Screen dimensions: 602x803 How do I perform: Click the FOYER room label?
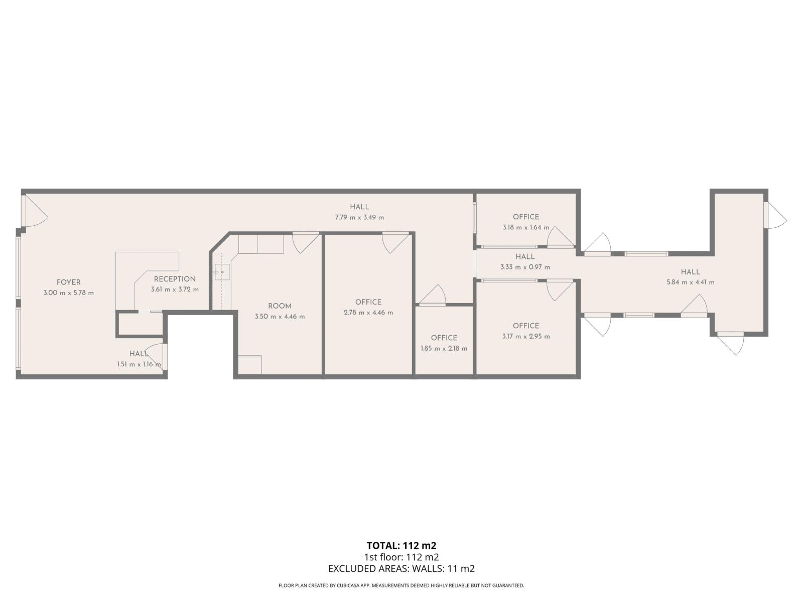tap(68, 282)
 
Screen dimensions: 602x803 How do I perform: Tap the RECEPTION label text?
tap(175, 279)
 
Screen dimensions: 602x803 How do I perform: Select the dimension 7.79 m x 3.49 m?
tap(359, 217)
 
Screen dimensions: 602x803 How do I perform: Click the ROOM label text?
tap(280, 306)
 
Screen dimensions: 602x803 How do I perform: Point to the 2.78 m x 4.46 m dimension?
tap(368, 313)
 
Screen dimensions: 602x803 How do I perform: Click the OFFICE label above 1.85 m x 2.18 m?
tap(444, 338)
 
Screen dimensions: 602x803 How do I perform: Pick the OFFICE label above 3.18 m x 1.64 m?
tap(526, 217)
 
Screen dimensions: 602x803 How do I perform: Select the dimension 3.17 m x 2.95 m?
tap(526, 336)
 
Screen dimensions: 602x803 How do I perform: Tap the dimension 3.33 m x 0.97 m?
tap(525, 267)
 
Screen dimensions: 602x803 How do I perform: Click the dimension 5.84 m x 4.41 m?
tap(690, 282)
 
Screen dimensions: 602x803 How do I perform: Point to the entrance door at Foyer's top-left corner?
tap(34, 211)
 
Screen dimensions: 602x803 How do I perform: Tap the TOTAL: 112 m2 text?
tap(401, 545)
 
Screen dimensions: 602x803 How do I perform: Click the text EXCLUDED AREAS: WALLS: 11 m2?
tap(401, 568)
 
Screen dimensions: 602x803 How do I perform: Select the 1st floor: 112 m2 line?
tap(401, 557)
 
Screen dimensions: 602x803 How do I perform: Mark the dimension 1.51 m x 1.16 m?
tap(139, 364)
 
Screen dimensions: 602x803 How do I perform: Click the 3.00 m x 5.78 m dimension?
tap(68, 293)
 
